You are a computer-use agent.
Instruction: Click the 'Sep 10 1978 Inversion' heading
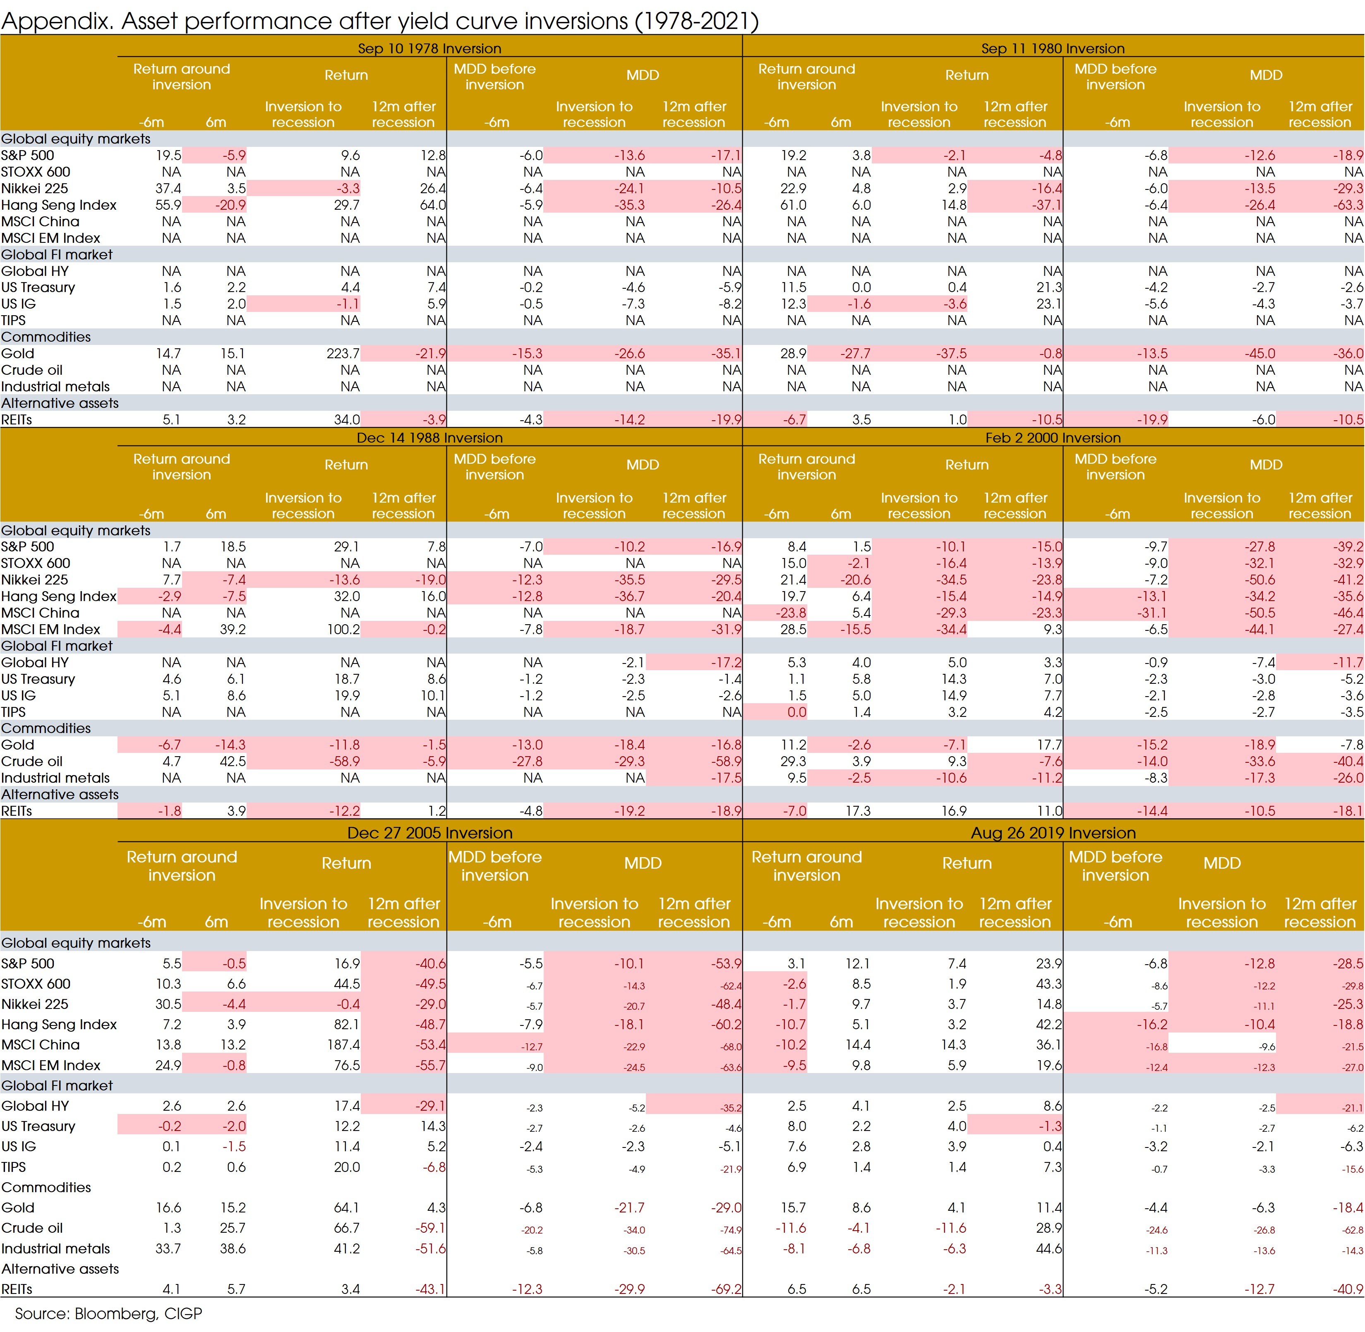(429, 48)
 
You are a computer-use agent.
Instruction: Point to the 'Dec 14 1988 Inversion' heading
(429, 438)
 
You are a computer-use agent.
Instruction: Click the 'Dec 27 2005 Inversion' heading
(429, 832)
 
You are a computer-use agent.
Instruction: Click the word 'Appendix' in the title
(56, 21)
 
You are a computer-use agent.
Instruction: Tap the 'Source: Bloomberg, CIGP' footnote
(108, 1313)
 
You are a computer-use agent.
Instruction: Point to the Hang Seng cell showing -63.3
(1348, 205)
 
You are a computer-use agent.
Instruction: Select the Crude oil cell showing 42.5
(232, 761)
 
